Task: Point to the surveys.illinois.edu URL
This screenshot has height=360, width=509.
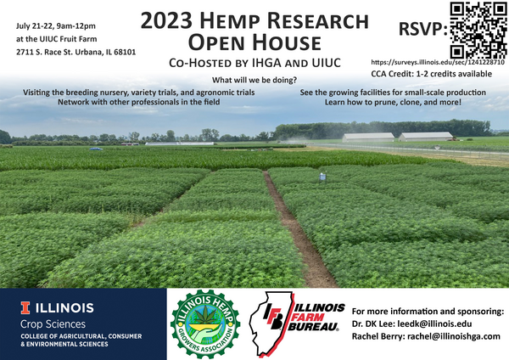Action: (x=439, y=63)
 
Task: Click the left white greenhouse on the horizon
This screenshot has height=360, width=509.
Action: (x=369, y=136)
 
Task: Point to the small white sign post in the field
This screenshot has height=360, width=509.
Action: (x=322, y=177)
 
